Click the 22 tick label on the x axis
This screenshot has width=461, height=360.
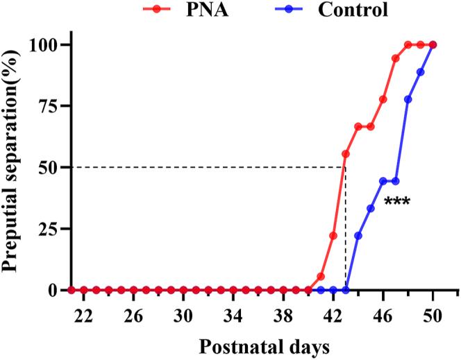click(x=83, y=314)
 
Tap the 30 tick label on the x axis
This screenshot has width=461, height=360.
click(x=183, y=314)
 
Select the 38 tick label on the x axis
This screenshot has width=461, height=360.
click(x=283, y=314)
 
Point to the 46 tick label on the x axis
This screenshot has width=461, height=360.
click(x=383, y=314)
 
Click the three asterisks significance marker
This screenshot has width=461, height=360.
click(x=397, y=203)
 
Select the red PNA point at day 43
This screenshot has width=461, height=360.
click(x=346, y=154)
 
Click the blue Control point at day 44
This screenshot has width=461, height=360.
click(x=358, y=236)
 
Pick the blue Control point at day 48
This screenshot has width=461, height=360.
click(x=408, y=99)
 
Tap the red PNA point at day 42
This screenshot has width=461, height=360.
click(x=333, y=236)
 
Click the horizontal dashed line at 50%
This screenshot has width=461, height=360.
click(x=208, y=167)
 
